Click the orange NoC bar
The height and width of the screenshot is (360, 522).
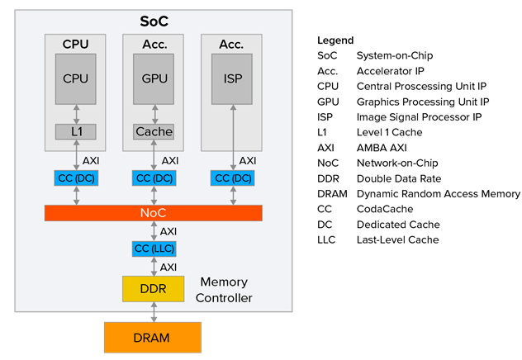coord(154,213)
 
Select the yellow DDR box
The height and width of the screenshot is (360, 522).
coord(154,289)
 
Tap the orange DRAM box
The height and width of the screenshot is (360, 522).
coord(153,338)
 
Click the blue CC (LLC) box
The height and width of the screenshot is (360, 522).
coord(154,249)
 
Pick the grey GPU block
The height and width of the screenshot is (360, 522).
coord(154,78)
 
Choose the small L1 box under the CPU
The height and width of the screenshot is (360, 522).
coord(76,131)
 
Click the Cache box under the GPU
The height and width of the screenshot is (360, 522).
coord(154,131)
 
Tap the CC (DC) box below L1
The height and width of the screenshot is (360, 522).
coord(76,178)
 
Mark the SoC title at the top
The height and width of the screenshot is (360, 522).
coord(154,20)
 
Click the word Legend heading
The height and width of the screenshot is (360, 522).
coord(335,40)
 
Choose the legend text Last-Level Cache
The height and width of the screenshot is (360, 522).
coord(398,239)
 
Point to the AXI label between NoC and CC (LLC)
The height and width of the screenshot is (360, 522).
coord(168,231)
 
